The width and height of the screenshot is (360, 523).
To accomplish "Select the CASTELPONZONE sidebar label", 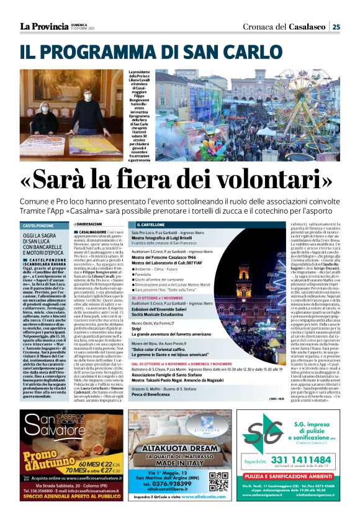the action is click(x=39, y=225).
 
